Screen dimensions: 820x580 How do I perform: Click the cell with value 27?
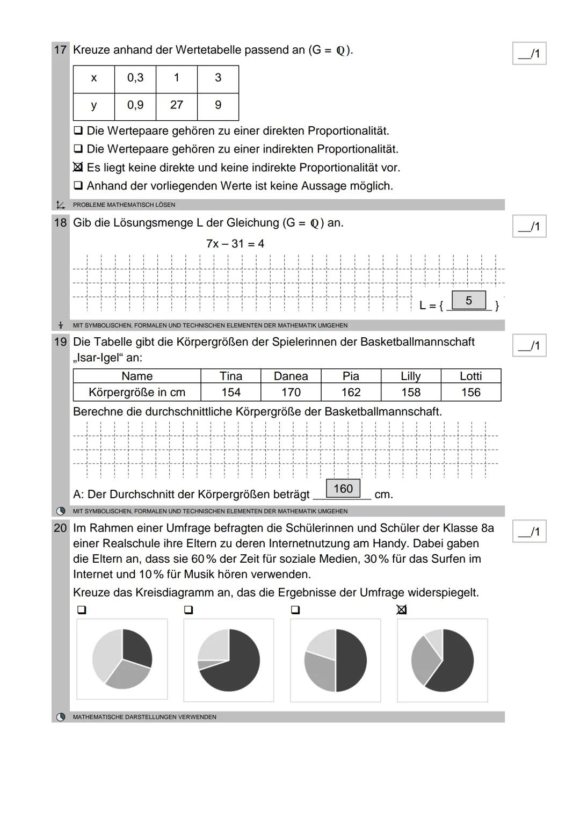tap(177, 105)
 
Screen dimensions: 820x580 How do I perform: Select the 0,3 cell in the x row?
tap(135, 78)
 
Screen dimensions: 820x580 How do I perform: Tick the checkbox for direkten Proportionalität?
tap(78, 130)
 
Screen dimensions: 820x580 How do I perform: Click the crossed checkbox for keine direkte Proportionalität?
tap(78, 168)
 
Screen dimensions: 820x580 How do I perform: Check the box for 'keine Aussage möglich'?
tap(78, 186)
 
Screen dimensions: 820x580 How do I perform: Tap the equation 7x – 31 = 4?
tap(235, 244)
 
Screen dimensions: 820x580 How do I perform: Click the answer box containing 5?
tap(469, 301)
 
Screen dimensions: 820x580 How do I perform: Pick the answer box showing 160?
tap(343, 489)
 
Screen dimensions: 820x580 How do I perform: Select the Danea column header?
tap(291, 376)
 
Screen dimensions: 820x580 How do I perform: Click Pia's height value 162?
tap(351, 393)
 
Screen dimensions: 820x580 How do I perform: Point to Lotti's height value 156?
tap(470, 393)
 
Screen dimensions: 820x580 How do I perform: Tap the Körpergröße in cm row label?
tap(137, 393)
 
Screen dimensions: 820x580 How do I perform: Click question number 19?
tap(60, 342)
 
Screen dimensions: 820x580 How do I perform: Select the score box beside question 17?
tap(529, 54)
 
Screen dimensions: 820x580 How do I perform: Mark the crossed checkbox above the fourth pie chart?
tap(402, 609)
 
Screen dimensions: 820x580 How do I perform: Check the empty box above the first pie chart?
tap(82, 610)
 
